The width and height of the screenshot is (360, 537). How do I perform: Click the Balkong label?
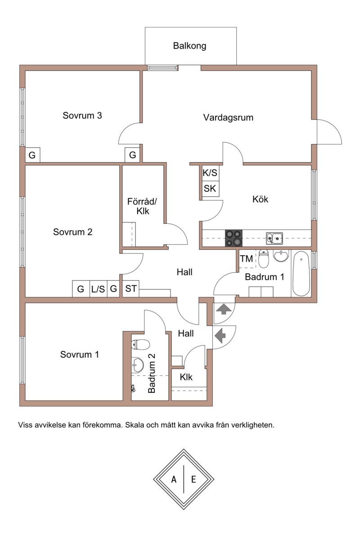pyautogui.click(x=189, y=45)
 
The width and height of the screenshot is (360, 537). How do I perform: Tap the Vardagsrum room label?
pyautogui.click(x=228, y=117)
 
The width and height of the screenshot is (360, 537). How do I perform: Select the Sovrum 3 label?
pyautogui.click(x=82, y=115)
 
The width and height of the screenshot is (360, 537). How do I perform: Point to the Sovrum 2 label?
pyautogui.click(x=72, y=232)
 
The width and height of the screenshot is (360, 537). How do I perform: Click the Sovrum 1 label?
pyautogui.click(x=80, y=354)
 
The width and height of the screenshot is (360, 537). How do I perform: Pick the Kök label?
pyautogui.click(x=260, y=199)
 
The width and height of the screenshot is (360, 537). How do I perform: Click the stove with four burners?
pyautogui.click(x=234, y=238)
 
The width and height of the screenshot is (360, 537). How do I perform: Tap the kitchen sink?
pyautogui.click(x=274, y=239)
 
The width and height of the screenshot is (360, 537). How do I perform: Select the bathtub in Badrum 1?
pyautogui.click(x=301, y=274)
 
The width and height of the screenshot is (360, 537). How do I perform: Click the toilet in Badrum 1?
pyautogui.click(x=263, y=259)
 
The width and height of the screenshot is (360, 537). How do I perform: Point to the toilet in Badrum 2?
pyautogui.click(x=140, y=344)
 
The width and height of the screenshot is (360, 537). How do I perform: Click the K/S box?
pyautogui.click(x=210, y=172)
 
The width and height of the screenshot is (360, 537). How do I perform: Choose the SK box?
pyautogui.click(x=210, y=188)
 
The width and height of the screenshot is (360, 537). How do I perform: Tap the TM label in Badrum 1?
pyautogui.click(x=246, y=259)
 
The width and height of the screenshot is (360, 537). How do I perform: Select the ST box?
pyautogui.click(x=130, y=289)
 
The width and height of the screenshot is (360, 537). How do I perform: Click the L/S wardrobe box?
pyautogui.click(x=98, y=289)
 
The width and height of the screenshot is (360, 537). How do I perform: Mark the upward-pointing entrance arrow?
pyautogui.click(x=223, y=309)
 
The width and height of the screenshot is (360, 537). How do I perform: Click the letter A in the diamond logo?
pyautogui.click(x=174, y=479)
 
